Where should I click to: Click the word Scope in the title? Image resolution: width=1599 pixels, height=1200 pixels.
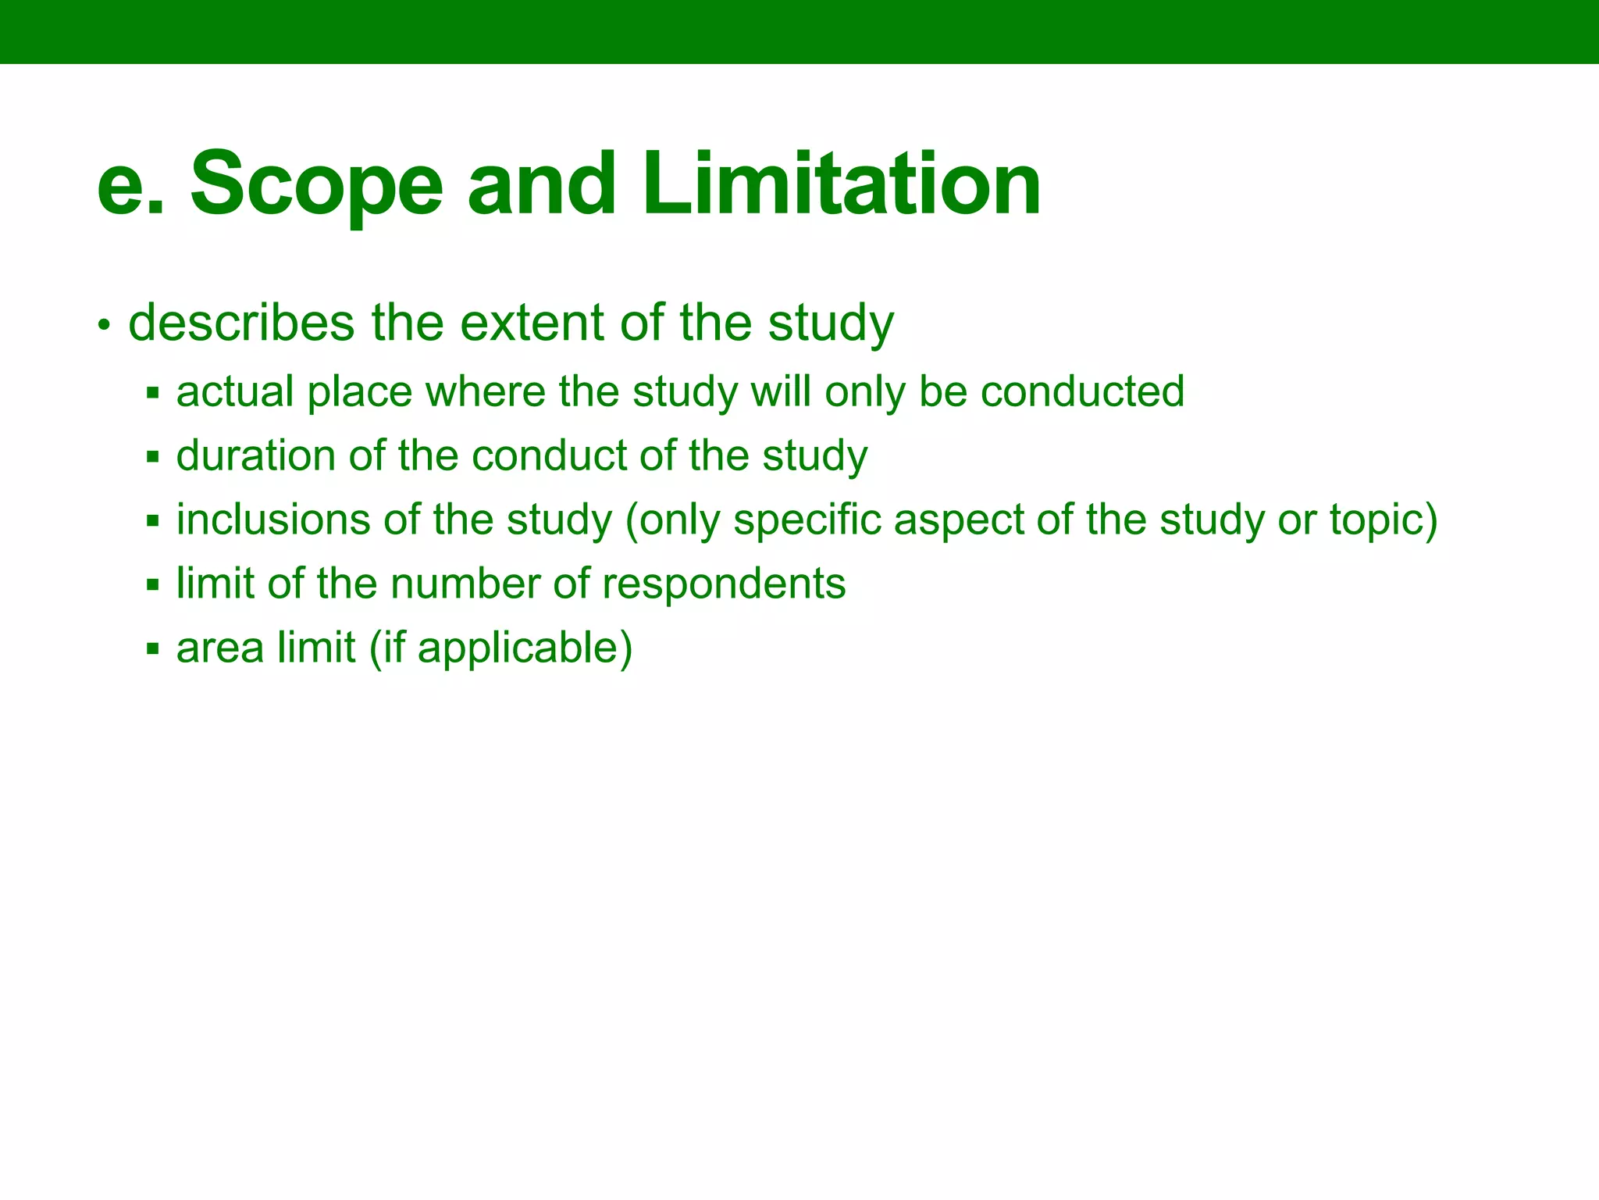(316, 186)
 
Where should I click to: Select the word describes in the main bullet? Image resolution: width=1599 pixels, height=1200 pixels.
(241, 323)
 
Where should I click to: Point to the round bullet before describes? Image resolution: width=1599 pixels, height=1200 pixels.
(104, 326)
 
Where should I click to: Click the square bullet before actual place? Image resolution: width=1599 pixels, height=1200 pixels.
(153, 393)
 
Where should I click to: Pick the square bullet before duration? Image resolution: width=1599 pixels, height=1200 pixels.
(153, 457)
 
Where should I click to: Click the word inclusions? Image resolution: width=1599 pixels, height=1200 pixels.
(273, 520)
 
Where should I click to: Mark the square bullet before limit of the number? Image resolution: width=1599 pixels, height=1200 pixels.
(153, 585)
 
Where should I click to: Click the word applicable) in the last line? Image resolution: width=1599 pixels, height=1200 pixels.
(525, 648)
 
